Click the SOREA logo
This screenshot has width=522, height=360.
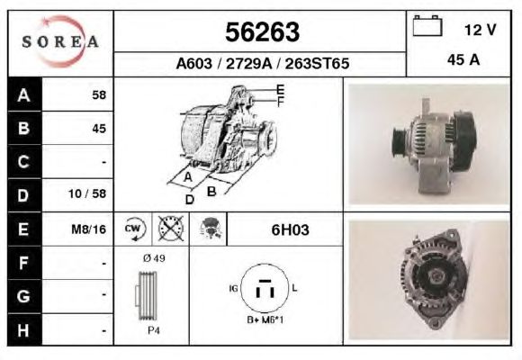click(x=60, y=41)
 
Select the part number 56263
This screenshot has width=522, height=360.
click(x=262, y=32)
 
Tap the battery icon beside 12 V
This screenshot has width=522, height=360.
click(x=427, y=25)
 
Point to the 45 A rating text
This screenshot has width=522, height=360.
click(x=463, y=60)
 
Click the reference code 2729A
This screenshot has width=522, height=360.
click(x=249, y=64)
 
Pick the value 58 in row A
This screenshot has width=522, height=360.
click(x=99, y=95)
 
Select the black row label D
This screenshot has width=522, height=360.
click(x=24, y=195)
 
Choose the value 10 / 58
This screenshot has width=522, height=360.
click(x=87, y=193)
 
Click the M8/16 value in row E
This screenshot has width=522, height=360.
click(x=88, y=229)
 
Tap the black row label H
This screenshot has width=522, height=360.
click(x=24, y=330)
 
